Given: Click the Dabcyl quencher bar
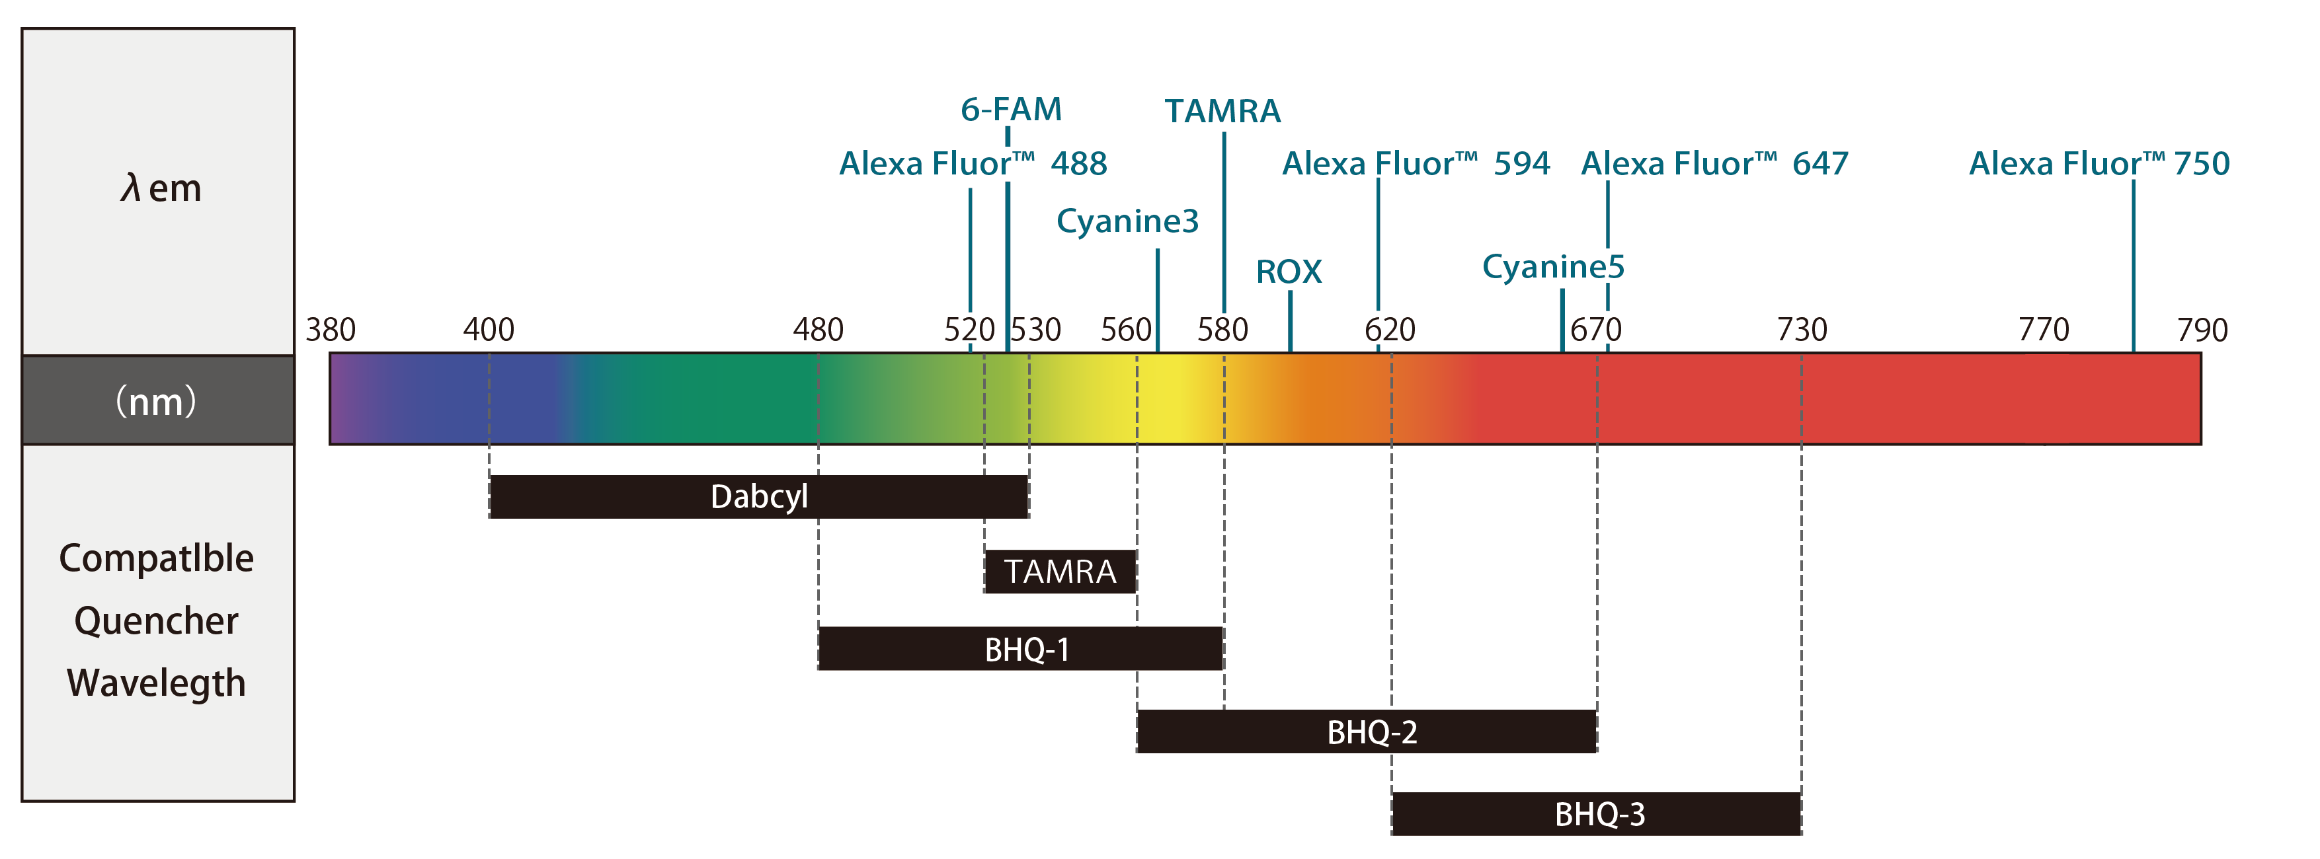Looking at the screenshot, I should [758, 496].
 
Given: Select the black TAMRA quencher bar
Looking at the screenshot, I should [1060, 571].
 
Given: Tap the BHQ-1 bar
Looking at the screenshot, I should [1020, 648].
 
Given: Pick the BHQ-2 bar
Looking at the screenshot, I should [1366, 731].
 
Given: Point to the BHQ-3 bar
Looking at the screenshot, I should [1596, 814].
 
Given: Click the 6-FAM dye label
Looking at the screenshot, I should [1010, 110].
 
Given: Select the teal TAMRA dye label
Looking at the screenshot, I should [1222, 112].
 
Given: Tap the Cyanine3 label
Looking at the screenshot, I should [1127, 221].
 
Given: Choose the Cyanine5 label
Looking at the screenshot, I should [1554, 266].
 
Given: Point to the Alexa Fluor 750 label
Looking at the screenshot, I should [2099, 164].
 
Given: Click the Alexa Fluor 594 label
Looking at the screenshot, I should [1416, 164].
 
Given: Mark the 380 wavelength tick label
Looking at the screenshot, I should [331, 330].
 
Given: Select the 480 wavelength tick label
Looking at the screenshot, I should [818, 330].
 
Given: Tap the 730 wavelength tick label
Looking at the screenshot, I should [1801, 330].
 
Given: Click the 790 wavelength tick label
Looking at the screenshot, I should [2202, 330].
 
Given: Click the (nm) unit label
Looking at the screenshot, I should [156, 400].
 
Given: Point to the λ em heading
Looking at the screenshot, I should [160, 188].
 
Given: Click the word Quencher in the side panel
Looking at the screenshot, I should [156, 620].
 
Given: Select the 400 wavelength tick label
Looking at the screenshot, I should [488, 330].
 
